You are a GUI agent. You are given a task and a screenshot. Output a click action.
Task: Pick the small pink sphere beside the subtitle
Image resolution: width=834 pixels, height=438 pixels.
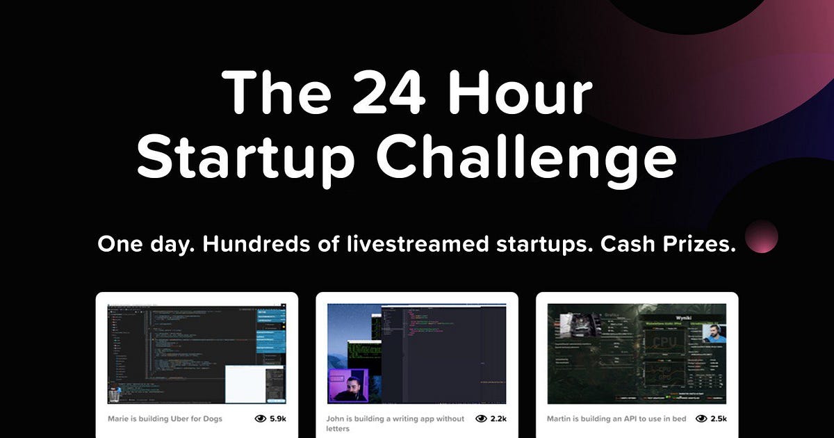[761, 236]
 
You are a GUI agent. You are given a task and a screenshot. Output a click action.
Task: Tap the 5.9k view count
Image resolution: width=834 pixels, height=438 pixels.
[278, 419]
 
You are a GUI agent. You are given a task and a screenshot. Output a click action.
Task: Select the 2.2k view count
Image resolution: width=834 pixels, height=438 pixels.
[498, 419]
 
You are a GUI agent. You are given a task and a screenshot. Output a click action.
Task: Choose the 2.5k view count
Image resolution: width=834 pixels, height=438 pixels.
[719, 419]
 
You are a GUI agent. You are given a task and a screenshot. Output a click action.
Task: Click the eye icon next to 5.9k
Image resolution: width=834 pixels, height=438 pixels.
[261, 419]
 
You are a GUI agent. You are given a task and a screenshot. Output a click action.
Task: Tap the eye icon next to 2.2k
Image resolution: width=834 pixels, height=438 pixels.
[481, 419]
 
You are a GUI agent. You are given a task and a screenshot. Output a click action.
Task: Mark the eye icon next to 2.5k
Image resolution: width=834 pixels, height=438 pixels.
[702, 419]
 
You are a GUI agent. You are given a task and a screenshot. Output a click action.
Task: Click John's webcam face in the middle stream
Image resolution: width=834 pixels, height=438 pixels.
[353, 387]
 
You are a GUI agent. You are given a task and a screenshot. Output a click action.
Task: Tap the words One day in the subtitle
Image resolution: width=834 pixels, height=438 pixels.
[131, 245]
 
